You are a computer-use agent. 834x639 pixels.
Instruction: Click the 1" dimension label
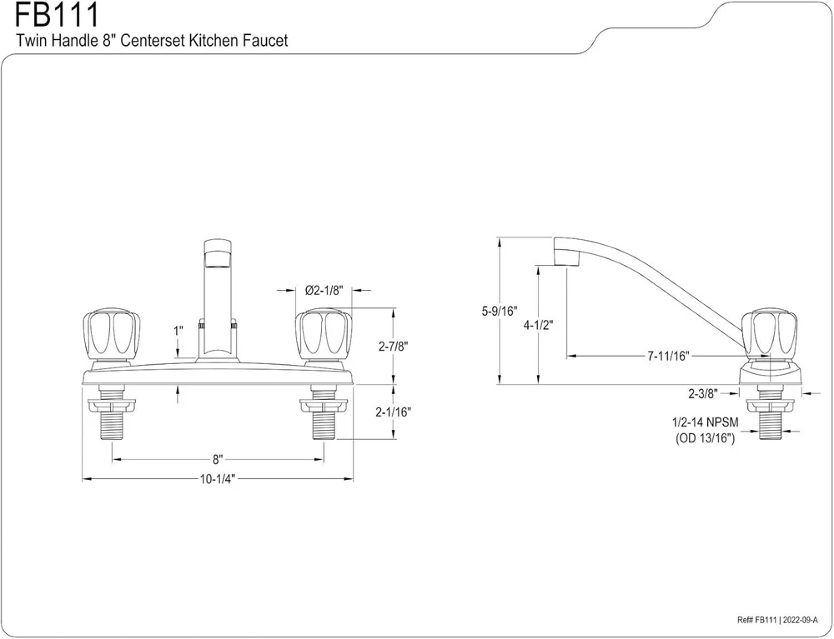point(178,331)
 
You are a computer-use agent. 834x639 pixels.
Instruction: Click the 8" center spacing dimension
point(218,458)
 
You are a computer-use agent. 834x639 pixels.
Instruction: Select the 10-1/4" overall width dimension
point(218,480)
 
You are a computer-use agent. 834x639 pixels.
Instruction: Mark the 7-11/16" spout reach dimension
point(667,356)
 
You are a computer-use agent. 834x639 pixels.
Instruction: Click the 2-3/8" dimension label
point(702,392)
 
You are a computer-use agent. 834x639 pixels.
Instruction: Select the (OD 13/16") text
point(705,438)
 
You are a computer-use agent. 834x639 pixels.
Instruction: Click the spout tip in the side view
point(566,252)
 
